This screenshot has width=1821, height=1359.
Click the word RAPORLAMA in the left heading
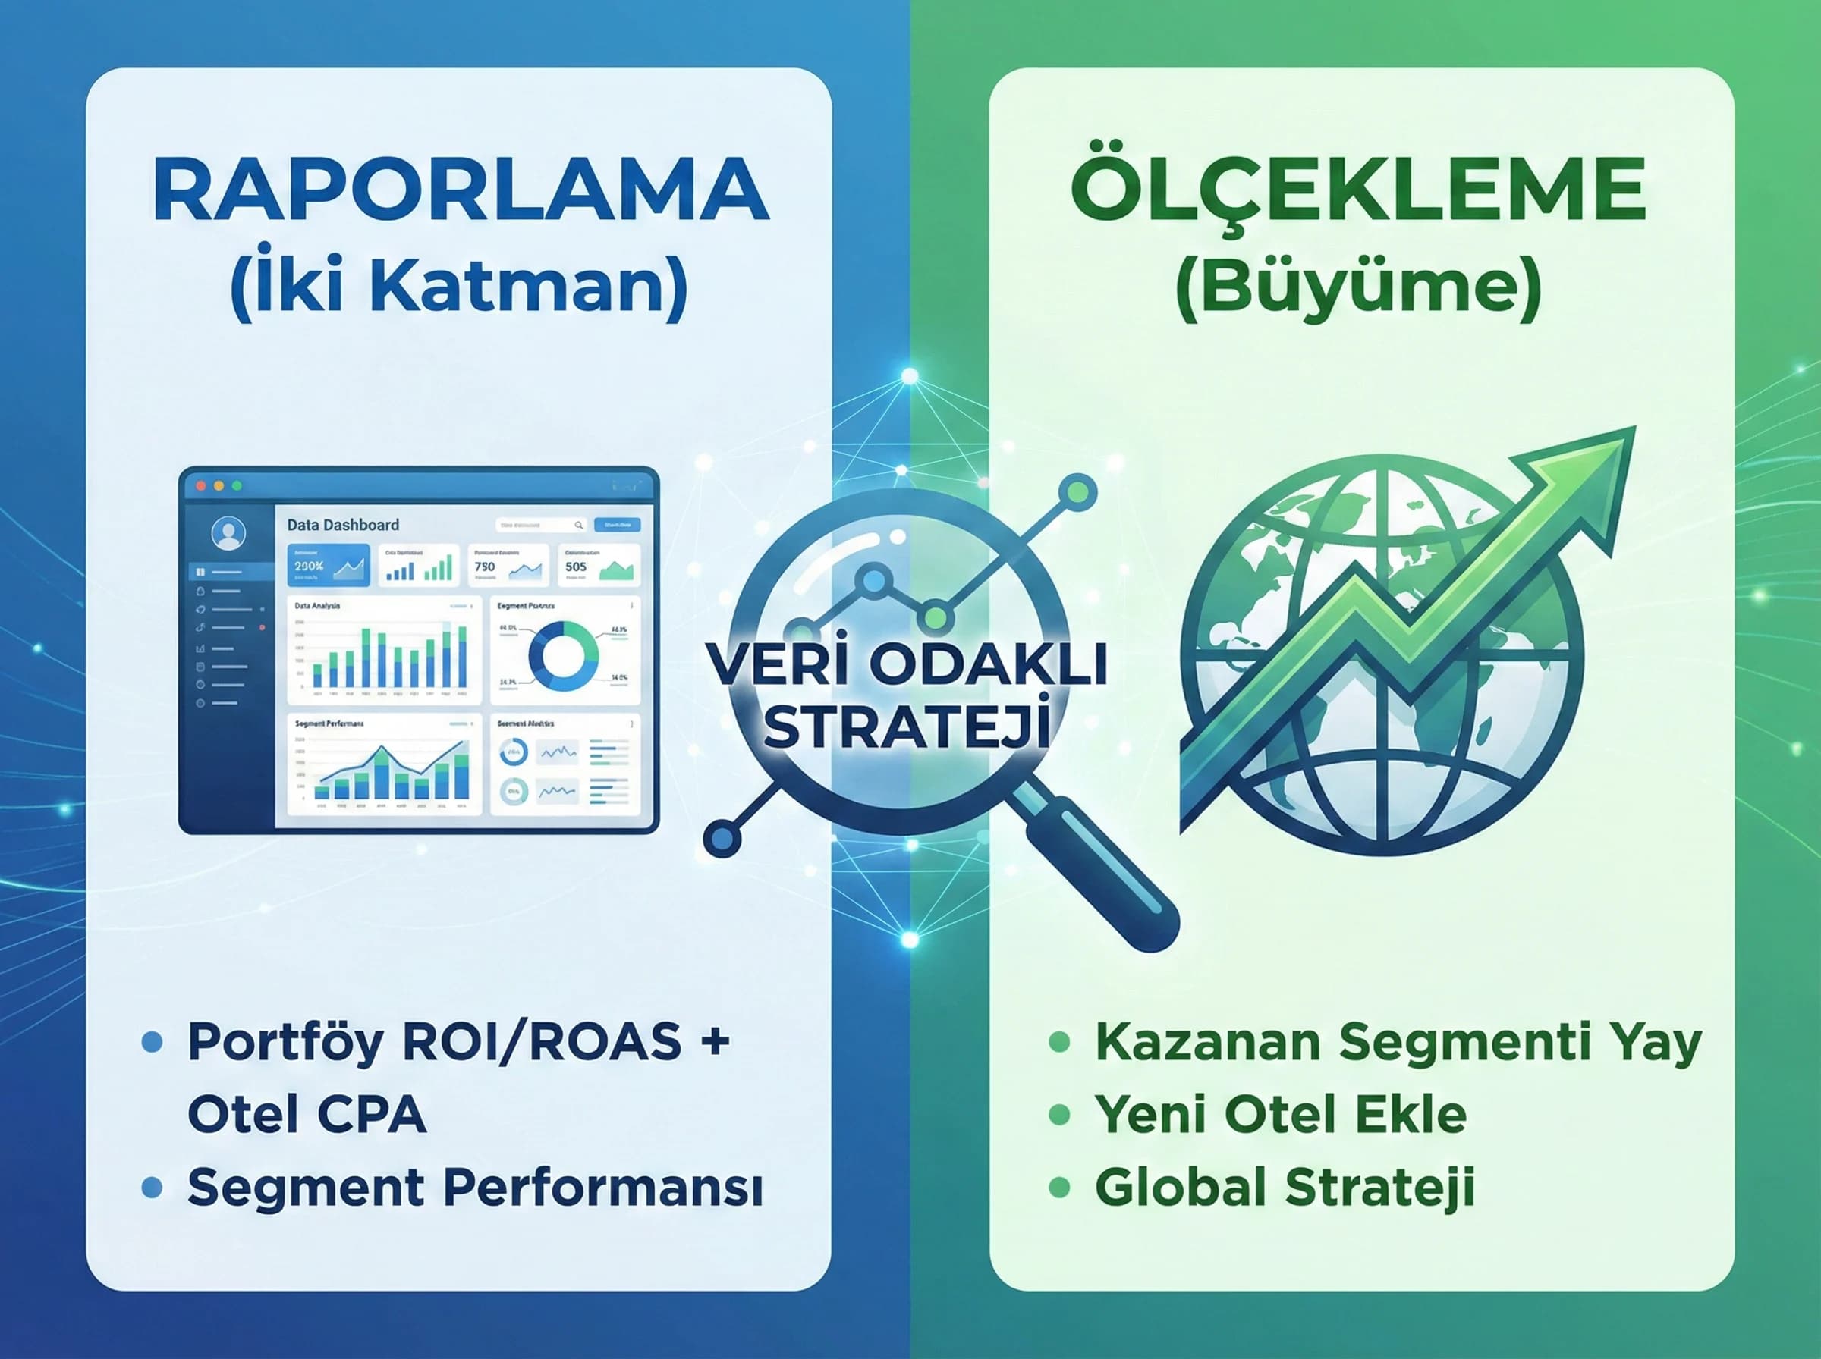coord(461,191)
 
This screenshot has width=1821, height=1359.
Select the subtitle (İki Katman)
coord(458,288)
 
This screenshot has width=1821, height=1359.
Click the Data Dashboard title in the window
coord(342,525)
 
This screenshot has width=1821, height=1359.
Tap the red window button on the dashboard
coord(201,486)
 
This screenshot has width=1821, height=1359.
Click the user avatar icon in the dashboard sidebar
coord(228,533)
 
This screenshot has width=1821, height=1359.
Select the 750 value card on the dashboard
coord(508,566)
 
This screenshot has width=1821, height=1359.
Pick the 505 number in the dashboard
coord(575,567)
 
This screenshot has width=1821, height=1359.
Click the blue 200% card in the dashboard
coord(328,566)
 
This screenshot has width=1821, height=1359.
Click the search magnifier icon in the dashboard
coord(578,525)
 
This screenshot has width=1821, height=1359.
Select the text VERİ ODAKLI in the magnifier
coord(907,664)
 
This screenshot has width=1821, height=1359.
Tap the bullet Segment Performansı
coord(474,1187)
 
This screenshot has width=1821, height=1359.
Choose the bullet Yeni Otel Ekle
coord(1280,1115)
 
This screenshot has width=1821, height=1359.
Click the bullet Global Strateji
coord(1284,1187)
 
